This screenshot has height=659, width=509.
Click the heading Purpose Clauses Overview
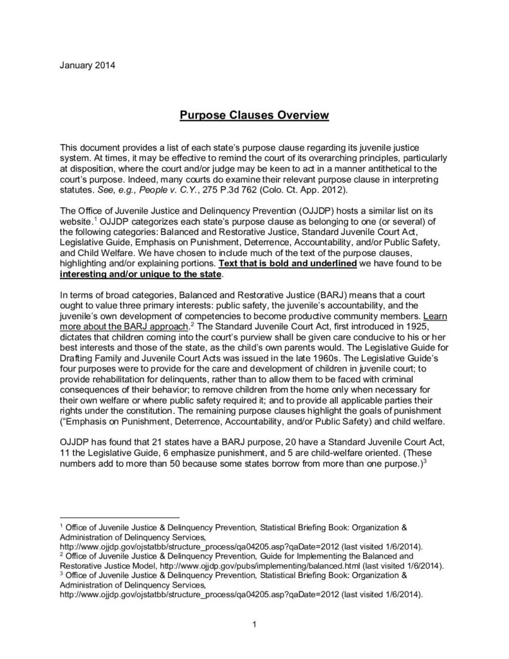pos(254,115)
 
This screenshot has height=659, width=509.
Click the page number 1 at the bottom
pos(254,624)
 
